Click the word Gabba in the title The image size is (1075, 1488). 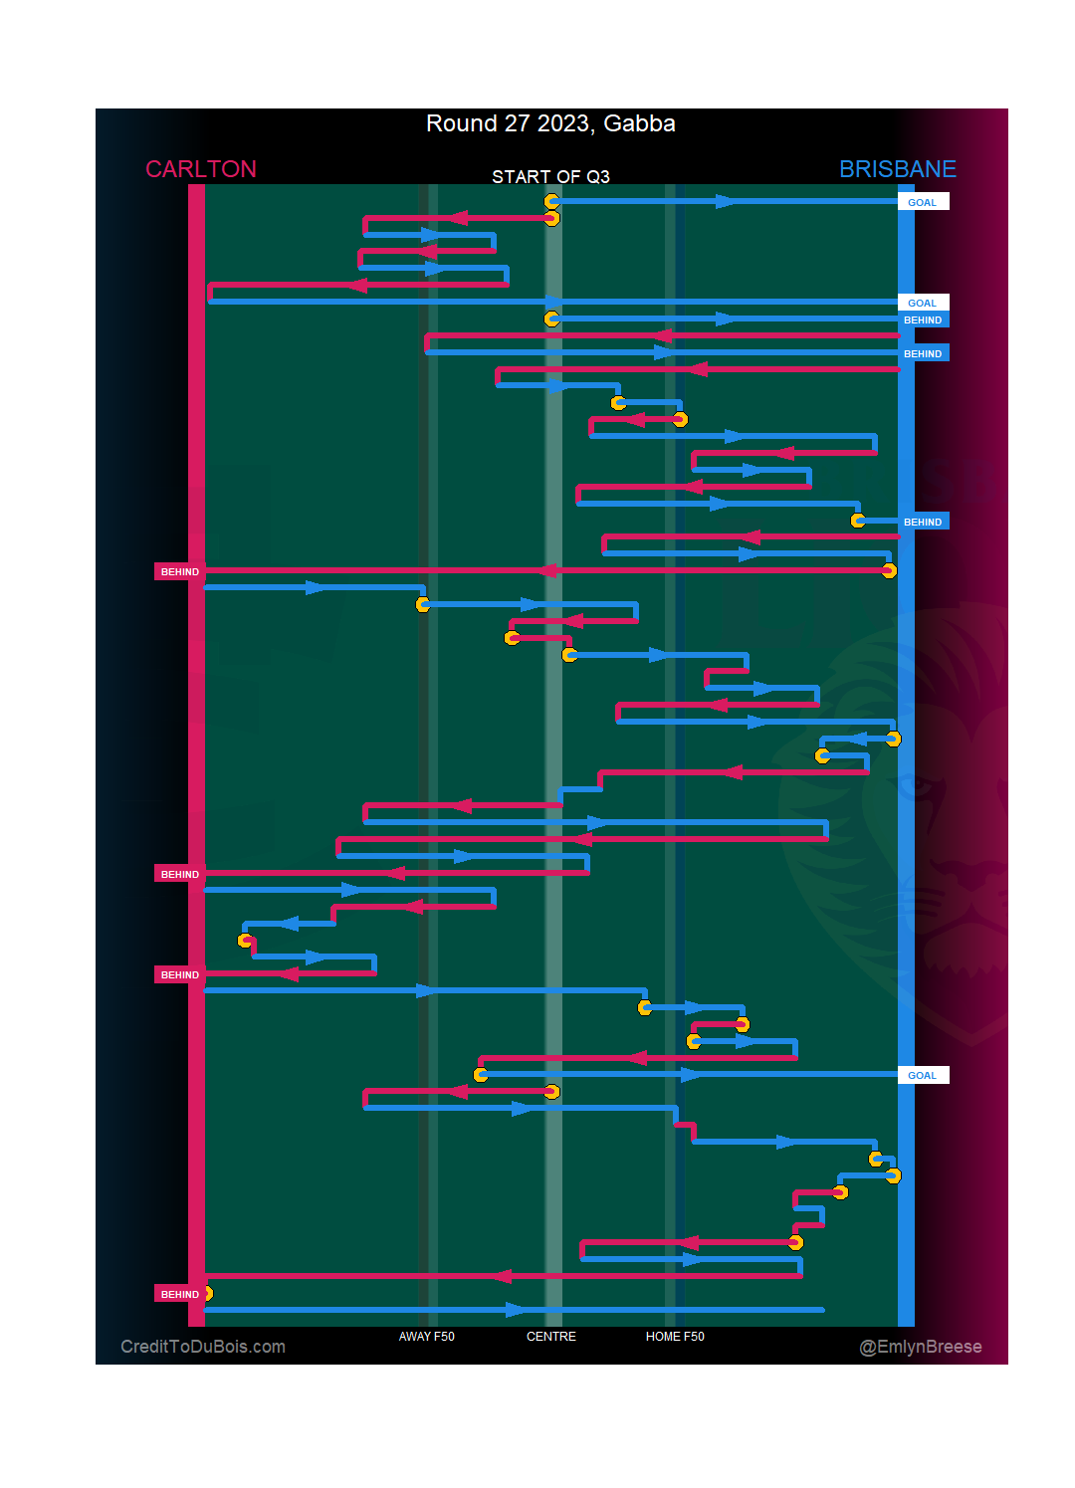click(x=639, y=123)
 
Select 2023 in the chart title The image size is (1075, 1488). click(x=562, y=123)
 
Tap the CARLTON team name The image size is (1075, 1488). click(x=201, y=169)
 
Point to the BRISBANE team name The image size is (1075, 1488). click(x=897, y=169)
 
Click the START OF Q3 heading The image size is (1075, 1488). click(x=550, y=177)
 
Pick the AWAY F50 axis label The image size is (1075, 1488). click(x=426, y=1337)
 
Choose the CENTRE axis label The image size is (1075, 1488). click(x=551, y=1337)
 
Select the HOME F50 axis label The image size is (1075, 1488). click(x=675, y=1337)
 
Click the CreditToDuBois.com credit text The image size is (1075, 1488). click(x=203, y=1347)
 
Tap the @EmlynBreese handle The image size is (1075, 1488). click(x=921, y=1347)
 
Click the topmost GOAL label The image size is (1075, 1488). click(x=923, y=202)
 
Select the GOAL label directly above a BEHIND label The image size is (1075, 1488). click(x=923, y=303)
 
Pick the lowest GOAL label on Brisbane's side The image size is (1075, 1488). click(x=923, y=1075)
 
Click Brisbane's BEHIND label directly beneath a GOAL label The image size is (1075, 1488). click(x=923, y=319)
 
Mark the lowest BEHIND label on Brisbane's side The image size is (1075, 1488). click(x=923, y=522)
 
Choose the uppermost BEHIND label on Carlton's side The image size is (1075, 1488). click(x=179, y=571)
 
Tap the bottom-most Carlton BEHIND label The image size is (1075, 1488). click(x=179, y=1294)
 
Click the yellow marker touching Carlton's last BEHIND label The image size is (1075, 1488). click(x=207, y=1294)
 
